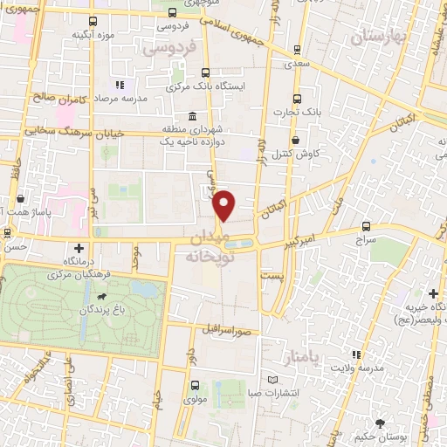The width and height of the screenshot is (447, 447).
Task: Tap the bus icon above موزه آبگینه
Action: click(x=93, y=19)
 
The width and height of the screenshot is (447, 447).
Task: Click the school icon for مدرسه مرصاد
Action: click(x=119, y=85)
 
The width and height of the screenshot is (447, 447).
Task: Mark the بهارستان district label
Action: click(x=378, y=38)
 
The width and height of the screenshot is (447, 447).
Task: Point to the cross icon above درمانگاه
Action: click(x=80, y=248)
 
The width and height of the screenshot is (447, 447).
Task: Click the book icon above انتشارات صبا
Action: click(x=273, y=380)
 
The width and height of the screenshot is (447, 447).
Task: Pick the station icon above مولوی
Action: click(x=193, y=384)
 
